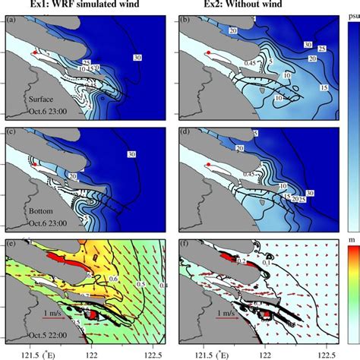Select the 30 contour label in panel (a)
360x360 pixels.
point(137,56)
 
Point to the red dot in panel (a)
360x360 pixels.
point(34,52)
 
